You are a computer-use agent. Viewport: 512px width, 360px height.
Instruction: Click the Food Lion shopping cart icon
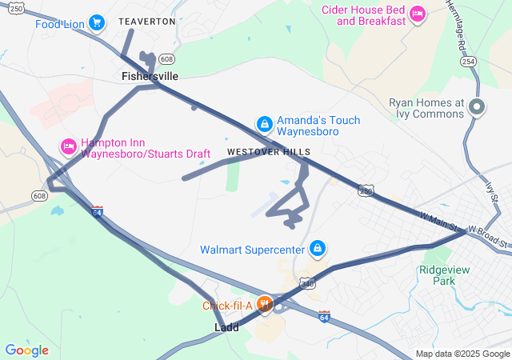point(97,22)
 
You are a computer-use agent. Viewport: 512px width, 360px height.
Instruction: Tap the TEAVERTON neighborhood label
point(146,22)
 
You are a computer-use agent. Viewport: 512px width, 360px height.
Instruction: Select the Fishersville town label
point(150,76)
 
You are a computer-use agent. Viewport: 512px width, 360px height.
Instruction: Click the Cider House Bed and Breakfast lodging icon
point(416,13)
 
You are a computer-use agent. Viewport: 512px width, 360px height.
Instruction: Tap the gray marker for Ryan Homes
point(478,106)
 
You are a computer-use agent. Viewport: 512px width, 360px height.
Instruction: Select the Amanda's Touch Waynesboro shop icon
point(264,124)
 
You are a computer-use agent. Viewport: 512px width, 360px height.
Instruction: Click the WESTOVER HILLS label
point(269,152)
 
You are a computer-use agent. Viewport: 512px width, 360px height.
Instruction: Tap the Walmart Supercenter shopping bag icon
point(318,249)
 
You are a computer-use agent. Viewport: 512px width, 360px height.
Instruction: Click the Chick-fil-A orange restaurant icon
point(264,305)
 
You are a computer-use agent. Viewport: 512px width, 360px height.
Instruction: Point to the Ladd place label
point(226,328)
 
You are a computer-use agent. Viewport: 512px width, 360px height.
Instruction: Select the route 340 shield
point(308,283)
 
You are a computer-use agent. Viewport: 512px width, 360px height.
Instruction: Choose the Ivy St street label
point(491,191)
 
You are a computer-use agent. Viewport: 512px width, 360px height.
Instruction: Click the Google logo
point(26,350)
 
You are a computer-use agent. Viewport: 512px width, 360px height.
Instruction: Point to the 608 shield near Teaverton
point(166,59)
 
